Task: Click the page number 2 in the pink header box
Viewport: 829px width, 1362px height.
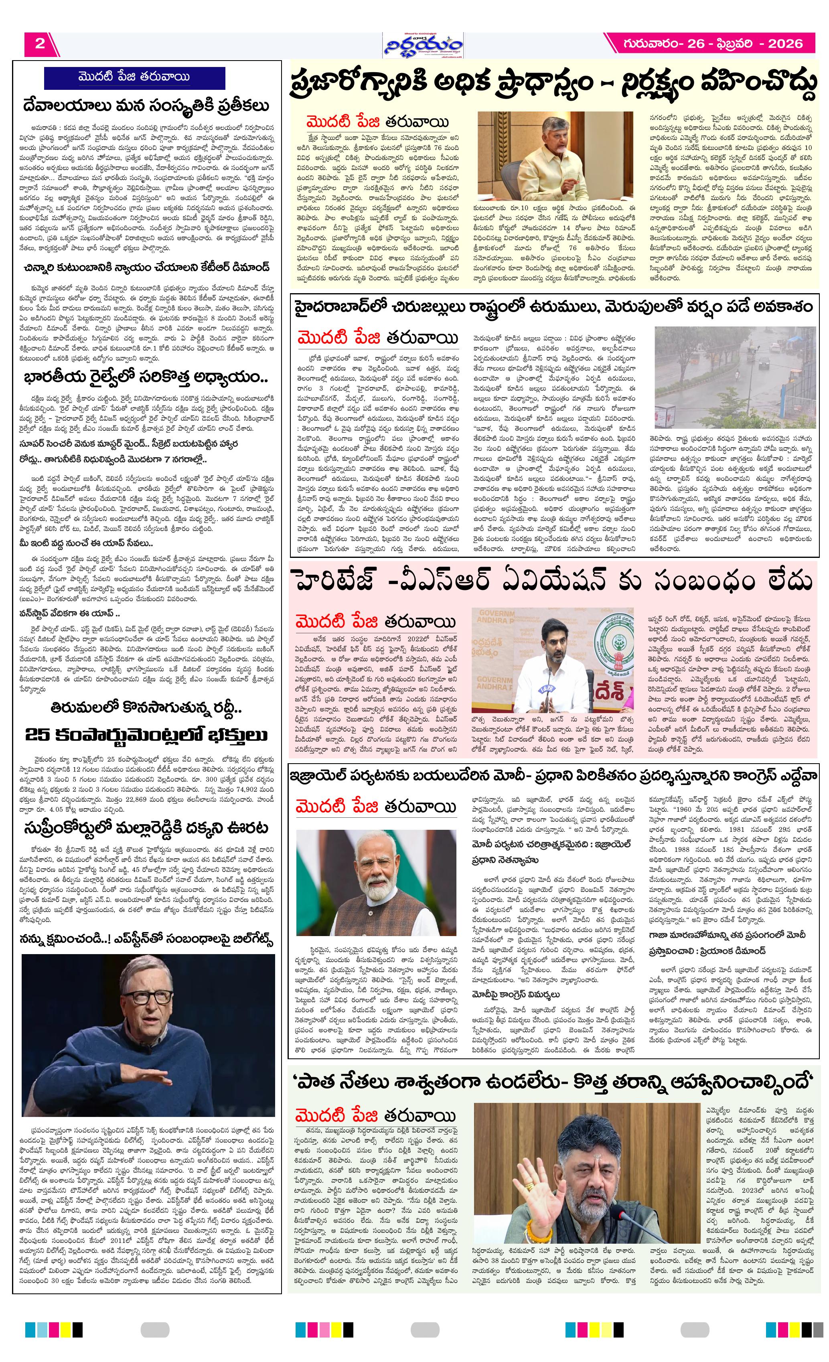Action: click(40, 44)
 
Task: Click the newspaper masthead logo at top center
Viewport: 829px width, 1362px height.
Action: click(424, 45)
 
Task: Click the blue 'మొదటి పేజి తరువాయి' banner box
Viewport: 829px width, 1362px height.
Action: click(134, 77)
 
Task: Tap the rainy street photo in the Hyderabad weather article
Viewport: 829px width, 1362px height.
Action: click(734, 377)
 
